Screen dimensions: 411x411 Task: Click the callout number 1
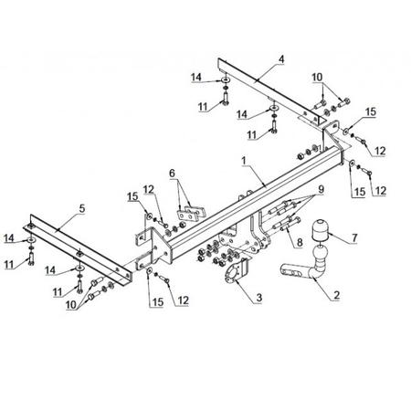[244, 161]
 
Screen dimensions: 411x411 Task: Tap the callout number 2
[336, 295]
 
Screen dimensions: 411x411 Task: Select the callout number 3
[259, 298]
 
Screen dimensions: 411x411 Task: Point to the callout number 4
[281, 59]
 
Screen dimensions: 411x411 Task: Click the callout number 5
[82, 208]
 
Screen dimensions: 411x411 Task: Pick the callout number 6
[172, 174]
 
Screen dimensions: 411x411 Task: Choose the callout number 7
[354, 237]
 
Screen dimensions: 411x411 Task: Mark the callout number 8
[300, 242]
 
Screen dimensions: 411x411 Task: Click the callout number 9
[321, 189]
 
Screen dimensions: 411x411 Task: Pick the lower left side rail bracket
[78, 249]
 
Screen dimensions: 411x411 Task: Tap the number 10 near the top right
[317, 78]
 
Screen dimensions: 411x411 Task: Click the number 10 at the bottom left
[71, 305]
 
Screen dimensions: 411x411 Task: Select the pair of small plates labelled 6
[192, 213]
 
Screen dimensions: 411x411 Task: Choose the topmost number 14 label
[196, 78]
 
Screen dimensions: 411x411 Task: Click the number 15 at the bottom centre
[158, 302]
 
